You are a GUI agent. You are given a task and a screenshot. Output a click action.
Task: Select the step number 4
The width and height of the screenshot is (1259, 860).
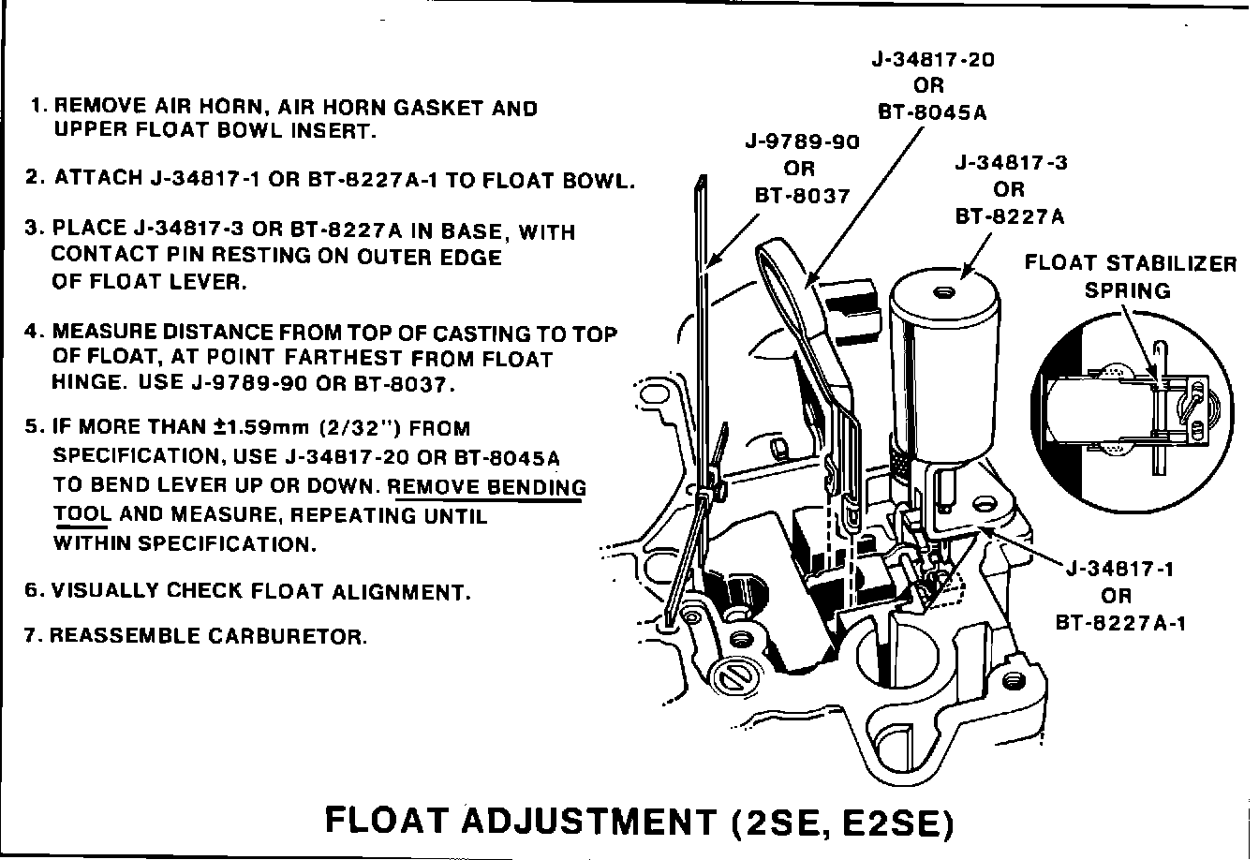tap(34, 334)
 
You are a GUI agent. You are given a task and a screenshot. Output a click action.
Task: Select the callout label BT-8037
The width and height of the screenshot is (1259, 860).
tap(802, 197)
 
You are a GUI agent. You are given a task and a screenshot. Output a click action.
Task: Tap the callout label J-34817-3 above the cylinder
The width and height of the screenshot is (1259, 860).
tap(1010, 163)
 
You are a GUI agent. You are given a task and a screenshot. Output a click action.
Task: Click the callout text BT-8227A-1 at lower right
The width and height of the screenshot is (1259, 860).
tap(1120, 622)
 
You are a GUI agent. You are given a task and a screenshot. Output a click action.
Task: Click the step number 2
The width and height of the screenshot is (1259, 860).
tap(34, 177)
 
